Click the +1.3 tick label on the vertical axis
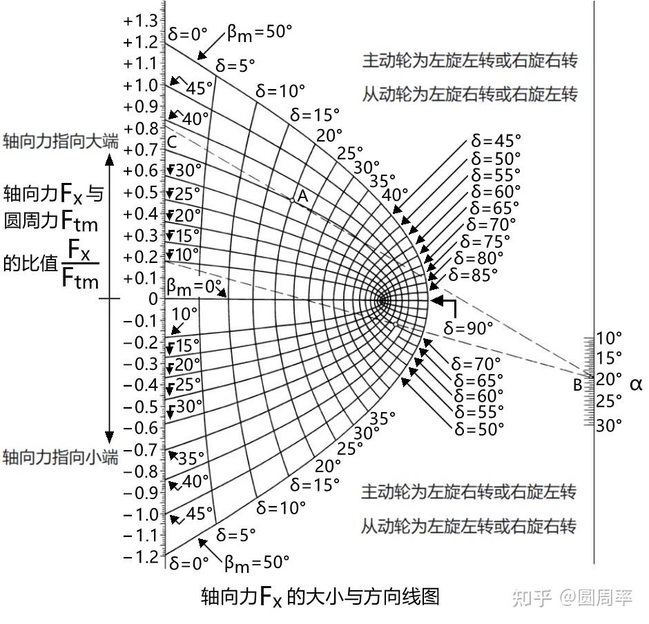140,21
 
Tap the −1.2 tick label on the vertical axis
140,556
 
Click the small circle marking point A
293,200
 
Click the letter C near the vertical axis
172,143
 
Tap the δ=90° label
469,328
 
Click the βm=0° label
194,286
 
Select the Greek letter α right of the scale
636,384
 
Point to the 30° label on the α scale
609,426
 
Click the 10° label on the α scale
609,338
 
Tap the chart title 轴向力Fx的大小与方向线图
320,596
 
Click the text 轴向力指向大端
60,142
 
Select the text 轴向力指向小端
60,457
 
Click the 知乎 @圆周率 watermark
572,598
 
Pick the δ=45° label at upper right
496,140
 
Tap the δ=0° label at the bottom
188,563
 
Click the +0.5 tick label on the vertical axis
140,192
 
